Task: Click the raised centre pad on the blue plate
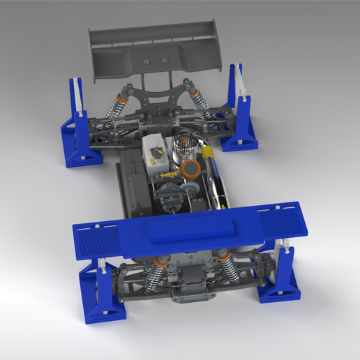[191, 227]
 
